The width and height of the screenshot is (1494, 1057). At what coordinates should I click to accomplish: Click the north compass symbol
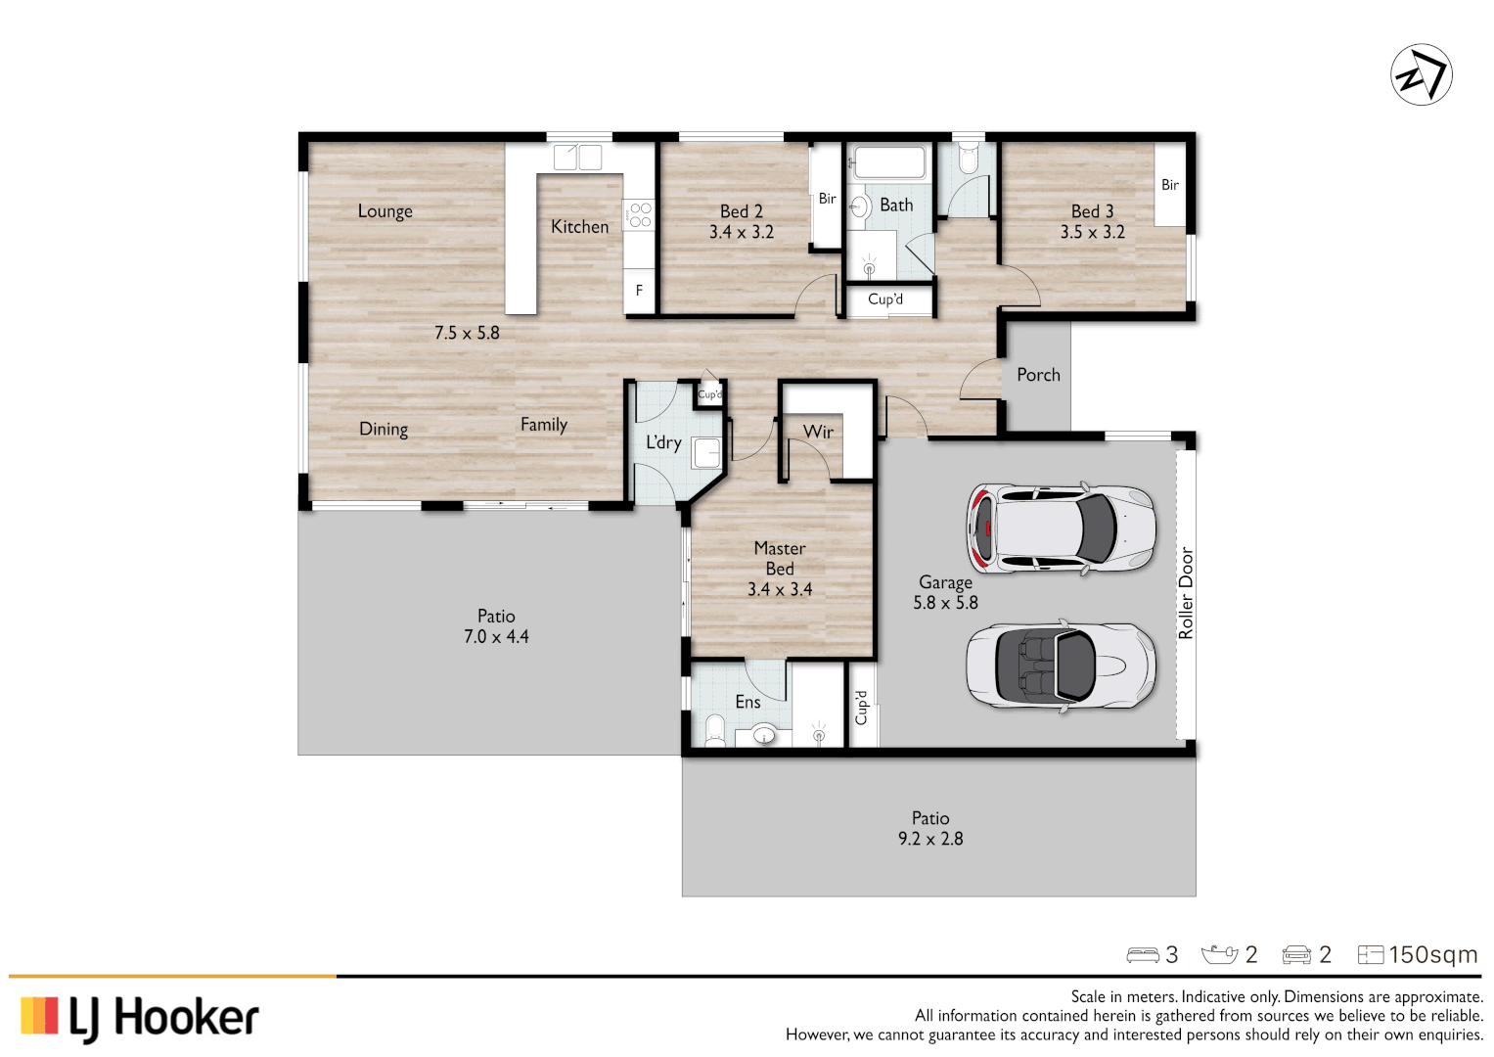[x=1421, y=74]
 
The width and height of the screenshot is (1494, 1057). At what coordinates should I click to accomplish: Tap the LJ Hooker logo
[x=140, y=1018]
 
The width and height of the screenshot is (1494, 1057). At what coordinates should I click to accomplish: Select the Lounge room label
[x=385, y=211]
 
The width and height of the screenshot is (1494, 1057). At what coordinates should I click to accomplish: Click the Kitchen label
[x=579, y=227]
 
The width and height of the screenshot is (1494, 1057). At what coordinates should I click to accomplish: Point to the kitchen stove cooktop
[x=639, y=214]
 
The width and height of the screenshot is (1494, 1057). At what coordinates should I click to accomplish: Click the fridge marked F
[x=639, y=291]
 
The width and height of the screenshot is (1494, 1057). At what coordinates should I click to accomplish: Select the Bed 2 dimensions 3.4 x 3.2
[x=741, y=233]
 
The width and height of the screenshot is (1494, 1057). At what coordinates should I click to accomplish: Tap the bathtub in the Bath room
[x=887, y=161]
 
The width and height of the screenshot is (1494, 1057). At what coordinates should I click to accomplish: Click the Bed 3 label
[x=1092, y=211]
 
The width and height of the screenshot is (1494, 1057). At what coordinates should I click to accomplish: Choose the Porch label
[x=1038, y=375]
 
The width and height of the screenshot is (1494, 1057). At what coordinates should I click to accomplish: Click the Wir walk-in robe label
[x=818, y=432]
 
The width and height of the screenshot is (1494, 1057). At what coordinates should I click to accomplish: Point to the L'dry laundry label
[x=662, y=442]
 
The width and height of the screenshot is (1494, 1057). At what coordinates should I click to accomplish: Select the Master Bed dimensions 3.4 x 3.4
[x=780, y=590]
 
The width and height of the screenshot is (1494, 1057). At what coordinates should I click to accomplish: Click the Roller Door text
[x=1186, y=593]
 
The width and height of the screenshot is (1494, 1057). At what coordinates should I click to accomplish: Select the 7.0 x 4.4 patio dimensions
[x=496, y=637]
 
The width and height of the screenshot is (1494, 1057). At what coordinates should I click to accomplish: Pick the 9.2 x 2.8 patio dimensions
[x=930, y=839]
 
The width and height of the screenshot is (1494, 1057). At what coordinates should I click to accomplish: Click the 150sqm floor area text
[x=1432, y=955]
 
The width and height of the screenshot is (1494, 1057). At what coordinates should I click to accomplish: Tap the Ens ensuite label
[x=747, y=702]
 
